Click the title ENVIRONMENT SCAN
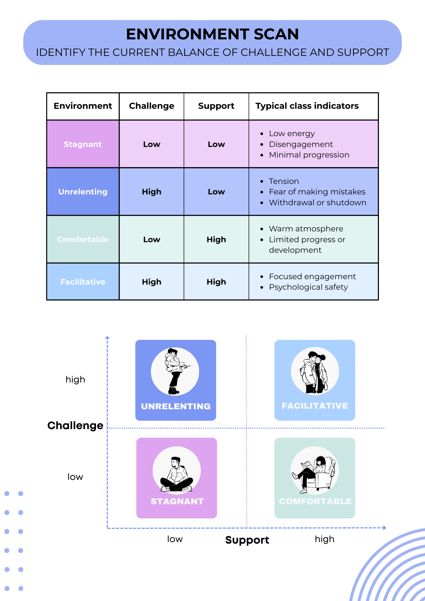(212, 34)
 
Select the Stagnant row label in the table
(83, 144)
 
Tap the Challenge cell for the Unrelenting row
(152, 192)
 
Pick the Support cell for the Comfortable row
(216, 239)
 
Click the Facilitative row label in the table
(83, 282)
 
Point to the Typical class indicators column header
(307, 106)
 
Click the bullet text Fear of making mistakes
(317, 192)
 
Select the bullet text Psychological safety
(308, 287)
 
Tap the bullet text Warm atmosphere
(306, 229)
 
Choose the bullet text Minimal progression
(309, 155)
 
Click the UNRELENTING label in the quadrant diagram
(176, 406)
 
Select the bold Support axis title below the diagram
(247, 540)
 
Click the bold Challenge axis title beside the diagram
(75, 426)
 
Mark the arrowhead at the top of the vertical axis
(107, 337)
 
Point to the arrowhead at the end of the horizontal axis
(384, 528)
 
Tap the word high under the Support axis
(325, 539)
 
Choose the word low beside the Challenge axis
(75, 477)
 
